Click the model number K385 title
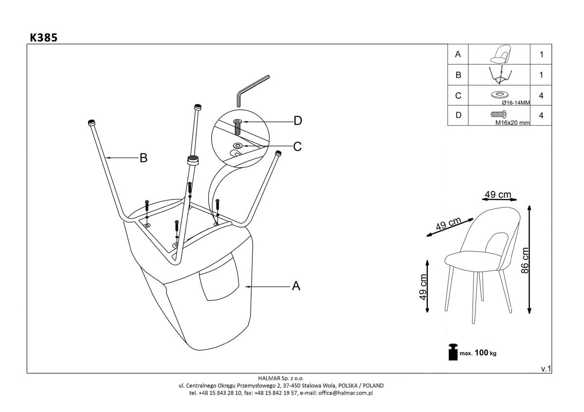43,37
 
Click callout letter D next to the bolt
297,121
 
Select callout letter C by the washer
297,146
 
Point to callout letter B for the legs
144,157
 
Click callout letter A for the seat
295,287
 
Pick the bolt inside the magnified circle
237,127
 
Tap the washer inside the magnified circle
238,145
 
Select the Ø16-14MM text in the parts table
515,103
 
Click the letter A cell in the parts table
457,55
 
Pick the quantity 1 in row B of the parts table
541,75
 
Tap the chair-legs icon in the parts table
498,75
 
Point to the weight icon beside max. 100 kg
453,352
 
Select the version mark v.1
546,369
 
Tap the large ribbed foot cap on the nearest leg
194,160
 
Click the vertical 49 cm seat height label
423,287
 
